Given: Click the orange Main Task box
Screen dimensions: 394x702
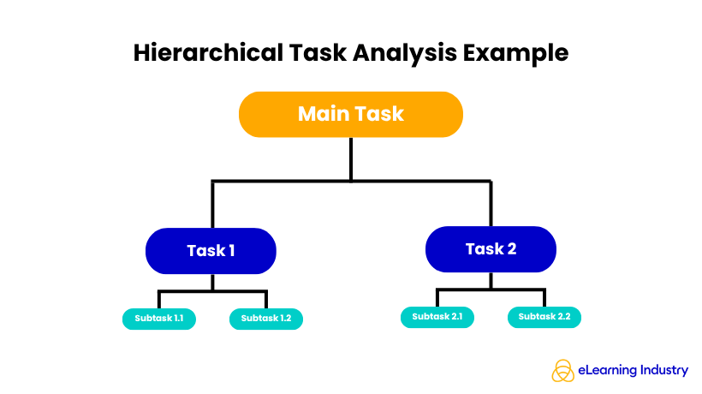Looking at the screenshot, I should click(350, 114).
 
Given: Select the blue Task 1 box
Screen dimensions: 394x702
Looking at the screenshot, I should click(211, 251).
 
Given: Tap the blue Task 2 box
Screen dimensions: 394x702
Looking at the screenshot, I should click(491, 249).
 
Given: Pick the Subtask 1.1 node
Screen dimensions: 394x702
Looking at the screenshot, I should click(159, 319).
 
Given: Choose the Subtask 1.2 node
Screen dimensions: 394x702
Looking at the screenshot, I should click(266, 319).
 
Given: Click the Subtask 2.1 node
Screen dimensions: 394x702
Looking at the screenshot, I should click(437, 317).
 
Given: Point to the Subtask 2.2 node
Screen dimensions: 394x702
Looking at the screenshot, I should click(544, 317).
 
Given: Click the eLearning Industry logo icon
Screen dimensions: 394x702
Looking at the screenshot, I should click(562, 371).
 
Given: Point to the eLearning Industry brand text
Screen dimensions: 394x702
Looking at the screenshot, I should click(633, 371).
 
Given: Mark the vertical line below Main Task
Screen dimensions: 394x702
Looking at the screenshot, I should click(351, 158).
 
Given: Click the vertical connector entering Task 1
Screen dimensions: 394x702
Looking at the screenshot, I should click(212, 205).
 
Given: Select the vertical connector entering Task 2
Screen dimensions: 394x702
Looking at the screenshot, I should click(491, 203).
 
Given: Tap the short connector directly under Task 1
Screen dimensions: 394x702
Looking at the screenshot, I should click(212, 282).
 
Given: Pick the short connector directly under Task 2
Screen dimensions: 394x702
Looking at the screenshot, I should click(491, 280).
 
